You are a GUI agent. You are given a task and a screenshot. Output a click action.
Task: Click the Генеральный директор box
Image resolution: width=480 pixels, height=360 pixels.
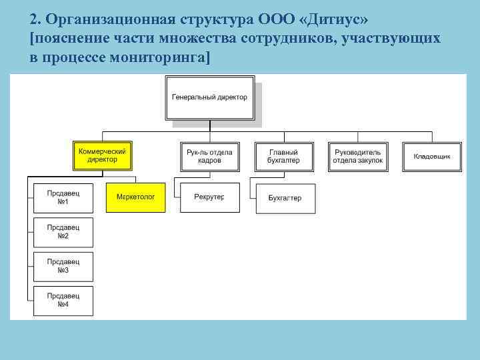coord(209,97)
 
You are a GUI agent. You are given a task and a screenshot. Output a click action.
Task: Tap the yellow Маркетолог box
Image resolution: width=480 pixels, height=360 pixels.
coord(135,197)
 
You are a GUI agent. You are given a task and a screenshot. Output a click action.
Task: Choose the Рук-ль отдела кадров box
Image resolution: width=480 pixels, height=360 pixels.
coord(209,156)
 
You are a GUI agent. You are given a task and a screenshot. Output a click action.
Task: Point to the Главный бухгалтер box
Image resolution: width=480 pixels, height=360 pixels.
coord(284,156)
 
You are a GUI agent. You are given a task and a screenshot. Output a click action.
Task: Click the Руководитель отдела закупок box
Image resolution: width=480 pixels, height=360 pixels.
coord(359,156)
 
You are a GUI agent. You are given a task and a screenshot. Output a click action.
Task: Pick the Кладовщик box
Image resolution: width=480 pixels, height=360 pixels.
coord(432,156)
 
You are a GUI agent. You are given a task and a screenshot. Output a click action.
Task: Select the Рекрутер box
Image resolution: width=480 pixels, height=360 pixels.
coord(209,197)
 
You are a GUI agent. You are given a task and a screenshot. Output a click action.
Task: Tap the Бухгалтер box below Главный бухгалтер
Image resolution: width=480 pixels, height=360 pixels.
coord(285,198)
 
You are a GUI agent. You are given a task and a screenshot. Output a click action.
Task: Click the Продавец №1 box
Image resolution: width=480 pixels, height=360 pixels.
coord(63,197)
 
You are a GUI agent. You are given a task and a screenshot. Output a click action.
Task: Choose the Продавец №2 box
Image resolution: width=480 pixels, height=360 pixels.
coord(63,232)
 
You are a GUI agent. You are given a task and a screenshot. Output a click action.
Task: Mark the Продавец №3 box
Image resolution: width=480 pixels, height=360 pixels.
coord(63,267)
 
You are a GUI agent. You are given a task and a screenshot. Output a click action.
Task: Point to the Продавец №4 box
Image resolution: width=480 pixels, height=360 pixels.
coord(63,301)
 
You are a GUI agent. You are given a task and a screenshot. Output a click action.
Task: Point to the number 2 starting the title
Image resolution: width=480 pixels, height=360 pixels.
coord(35,18)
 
